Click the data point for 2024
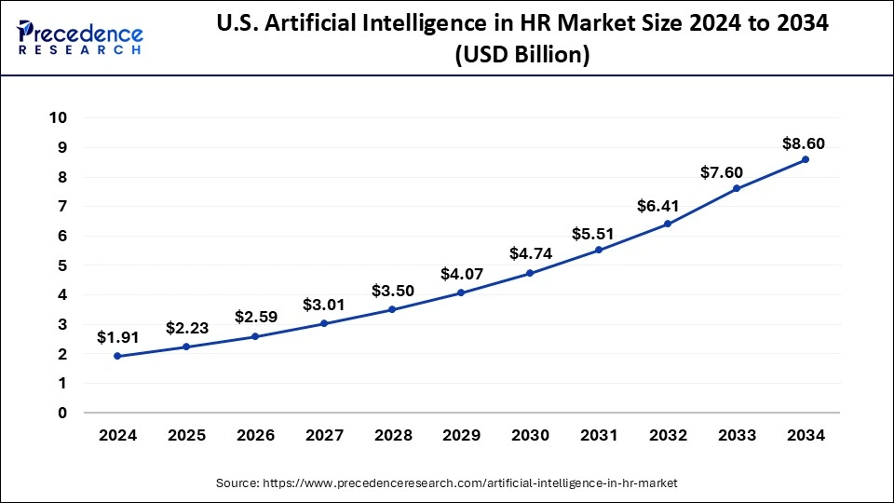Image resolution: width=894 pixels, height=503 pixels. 117,356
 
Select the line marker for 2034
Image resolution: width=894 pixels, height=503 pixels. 806,159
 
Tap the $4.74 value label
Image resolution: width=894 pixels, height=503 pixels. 530,253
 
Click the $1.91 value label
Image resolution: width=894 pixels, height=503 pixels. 117,337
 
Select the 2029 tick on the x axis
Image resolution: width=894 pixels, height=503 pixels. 461,436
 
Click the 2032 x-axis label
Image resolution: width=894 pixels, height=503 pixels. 668,436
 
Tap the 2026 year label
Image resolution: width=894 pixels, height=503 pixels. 255,436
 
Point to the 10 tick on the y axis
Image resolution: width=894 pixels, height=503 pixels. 59,117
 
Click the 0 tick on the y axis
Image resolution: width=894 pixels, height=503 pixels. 62,413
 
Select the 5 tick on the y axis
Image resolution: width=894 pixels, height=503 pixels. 62,265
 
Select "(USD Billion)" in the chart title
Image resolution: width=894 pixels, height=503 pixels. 521,56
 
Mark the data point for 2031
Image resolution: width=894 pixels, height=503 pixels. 599,250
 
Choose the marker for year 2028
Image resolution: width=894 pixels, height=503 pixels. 392,309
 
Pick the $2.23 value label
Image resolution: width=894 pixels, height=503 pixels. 186,328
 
